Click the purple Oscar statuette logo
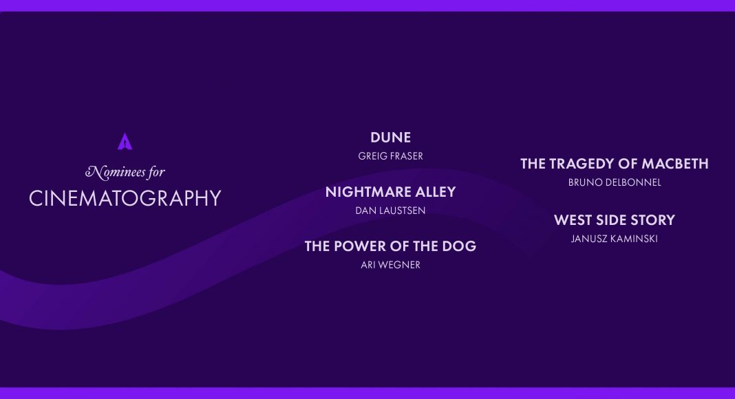(x=125, y=142)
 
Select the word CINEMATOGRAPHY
(x=125, y=198)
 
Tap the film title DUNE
(x=390, y=137)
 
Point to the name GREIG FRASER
(x=390, y=156)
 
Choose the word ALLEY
(x=432, y=191)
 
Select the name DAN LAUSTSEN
(x=390, y=211)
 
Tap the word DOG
(x=461, y=246)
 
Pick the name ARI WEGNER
(x=390, y=265)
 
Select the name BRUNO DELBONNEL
(x=615, y=182)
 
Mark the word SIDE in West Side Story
(x=611, y=219)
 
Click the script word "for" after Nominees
(x=156, y=173)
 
